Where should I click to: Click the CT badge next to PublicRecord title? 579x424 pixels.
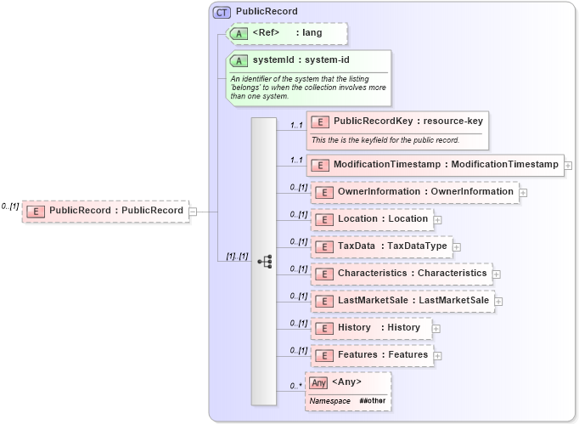pyautogui.click(x=222, y=12)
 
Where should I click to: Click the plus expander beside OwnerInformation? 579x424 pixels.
pyautogui.click(x=523, y=193)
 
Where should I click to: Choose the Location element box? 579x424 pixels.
pyautogui.click(x=371, y=219)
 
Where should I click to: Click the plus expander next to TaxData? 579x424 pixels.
pyautogui.click(x=457, y=247)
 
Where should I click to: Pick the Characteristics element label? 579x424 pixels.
pyautogui.click(x=412, y=274)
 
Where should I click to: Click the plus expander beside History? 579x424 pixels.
pyautogui.click(x=436, y=328)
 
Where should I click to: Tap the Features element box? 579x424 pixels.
pyautogui.click(x=371, y=354)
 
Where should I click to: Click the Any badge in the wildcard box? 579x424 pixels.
pyautogui.click(x=318, y=382)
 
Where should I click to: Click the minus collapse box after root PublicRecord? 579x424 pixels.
pyautogui.click(x=193, y=211)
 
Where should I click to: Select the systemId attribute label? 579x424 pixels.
pyautogui.click(x=301, y=60)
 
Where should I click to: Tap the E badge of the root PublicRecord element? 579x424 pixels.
pyautogui.click(x=37, y=211)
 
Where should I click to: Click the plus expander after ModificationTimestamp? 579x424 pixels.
pyautogui.click(x=567, y=165)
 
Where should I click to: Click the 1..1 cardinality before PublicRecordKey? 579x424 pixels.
pyautogui.click(x=296, y=126)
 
